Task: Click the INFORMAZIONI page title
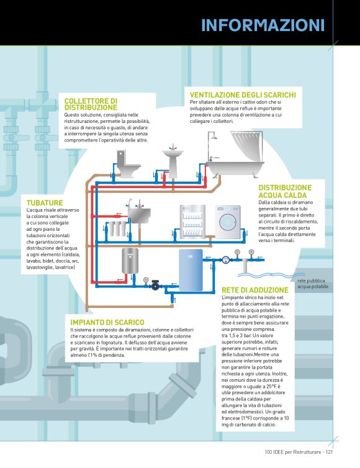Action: click(x=263, y=25)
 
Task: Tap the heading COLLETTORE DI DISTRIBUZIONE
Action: click(x=91, y=104)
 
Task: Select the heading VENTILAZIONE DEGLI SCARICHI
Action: click(x=243, y=95)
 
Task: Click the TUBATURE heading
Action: click(x=45, y=203)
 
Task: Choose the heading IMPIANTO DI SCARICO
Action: click(x=107, y=322)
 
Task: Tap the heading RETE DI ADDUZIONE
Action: click(x=255, y=290)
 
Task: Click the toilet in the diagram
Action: click(x=127, y=164)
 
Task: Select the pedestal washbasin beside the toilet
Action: click(x=173, y=163)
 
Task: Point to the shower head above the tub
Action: click(x=214, y=137)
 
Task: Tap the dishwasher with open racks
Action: click(x=192, y=222)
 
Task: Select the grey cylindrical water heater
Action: click(x=130, y=261)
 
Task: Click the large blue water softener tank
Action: click(x=191, y=270)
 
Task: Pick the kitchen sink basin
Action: click(x=139, y=215)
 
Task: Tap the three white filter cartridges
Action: click(x=117, y=228)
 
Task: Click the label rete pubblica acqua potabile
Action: click(x=313, y=284)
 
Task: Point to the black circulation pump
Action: click(x=155, y=286)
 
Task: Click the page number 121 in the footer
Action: click(x=329, y=452)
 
